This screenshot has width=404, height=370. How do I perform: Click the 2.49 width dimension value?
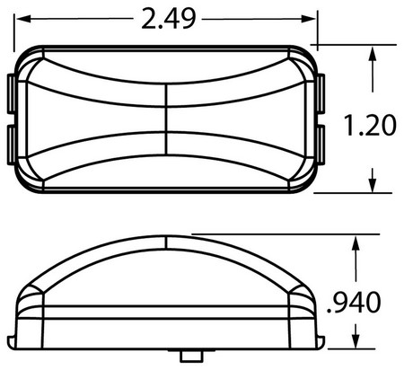[x=169, y=19]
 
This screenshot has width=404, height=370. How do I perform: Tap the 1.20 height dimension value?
[x=370, y=126]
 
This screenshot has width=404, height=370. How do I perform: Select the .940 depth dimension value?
[x=354, y=303]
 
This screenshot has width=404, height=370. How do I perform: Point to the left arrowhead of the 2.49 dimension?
[x=23, y=19]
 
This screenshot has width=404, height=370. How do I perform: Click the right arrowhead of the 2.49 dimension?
[x=309, y=20]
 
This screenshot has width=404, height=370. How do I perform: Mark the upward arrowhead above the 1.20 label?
[x=373, y=53]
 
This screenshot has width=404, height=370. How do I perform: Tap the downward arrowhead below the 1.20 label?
[x=373, y=185]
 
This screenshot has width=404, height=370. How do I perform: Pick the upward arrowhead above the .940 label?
[x=356, y=243]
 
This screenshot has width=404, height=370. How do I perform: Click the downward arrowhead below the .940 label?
[x=356, y=341]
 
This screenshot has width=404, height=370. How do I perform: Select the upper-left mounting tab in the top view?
[x=11, y=93]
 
